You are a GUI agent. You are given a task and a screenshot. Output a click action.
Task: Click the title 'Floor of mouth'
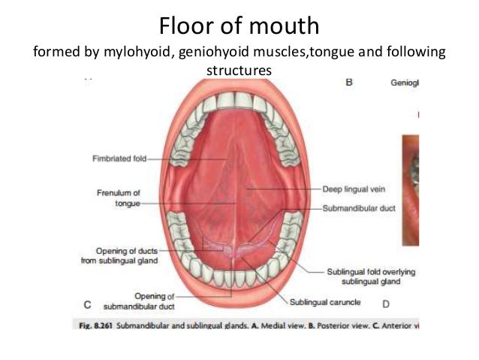point(239,27)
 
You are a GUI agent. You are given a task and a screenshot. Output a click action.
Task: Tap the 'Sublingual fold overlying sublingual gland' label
point(370,276)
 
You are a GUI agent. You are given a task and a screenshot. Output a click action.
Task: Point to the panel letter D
point(386,304)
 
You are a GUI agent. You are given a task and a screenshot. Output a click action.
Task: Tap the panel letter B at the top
point(349,83)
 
